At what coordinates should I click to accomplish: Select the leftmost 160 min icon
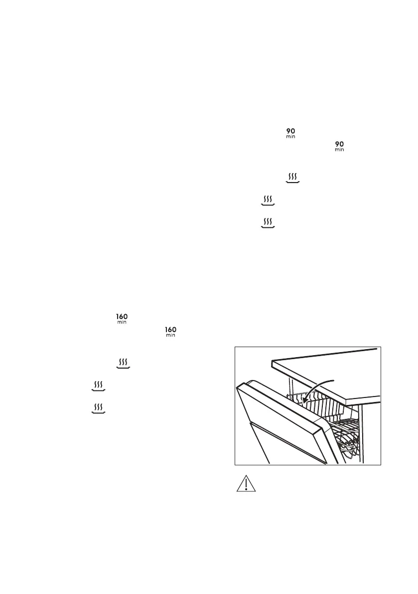122,318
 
